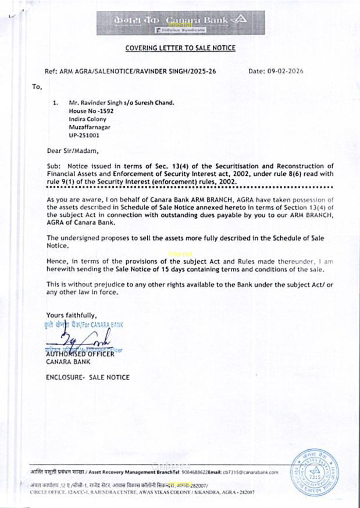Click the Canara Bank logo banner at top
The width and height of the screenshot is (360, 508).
180,23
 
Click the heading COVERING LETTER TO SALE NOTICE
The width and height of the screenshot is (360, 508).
180,48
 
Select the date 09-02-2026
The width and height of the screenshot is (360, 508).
285,71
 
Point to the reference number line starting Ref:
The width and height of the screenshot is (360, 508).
130,71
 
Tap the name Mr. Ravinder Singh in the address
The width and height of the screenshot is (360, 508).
95,103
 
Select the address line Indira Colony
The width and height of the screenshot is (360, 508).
87,119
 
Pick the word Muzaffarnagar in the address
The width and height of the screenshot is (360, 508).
90,127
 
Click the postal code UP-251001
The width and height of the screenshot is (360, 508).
84,136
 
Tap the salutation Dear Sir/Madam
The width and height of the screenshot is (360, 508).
73,151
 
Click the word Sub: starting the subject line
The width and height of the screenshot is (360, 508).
54,166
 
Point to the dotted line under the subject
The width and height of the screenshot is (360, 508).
190,187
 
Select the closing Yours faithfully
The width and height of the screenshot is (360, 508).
71,316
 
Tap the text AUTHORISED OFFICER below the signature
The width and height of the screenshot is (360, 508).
80,354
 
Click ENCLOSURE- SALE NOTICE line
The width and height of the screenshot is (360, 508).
87,377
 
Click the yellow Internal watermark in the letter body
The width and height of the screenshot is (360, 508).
180,254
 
